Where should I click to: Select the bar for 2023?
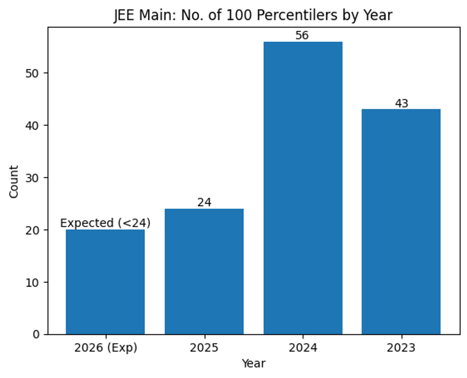(x=401, y=222)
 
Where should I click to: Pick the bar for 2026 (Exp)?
(x=105, y=282)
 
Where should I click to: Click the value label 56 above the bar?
(x=302, y=36)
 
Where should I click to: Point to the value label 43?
(x=401, y=104)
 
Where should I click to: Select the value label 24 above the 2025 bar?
(x=204, y=203)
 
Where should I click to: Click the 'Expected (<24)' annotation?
(x=105, y=223)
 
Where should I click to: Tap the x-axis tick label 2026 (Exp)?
(x=105, y=348)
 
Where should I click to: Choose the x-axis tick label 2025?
(x=204, y=348)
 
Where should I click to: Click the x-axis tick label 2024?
(x=303, y=348)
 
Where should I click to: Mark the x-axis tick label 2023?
(x=401, y=348)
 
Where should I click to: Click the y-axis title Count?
(x=14, y=182)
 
